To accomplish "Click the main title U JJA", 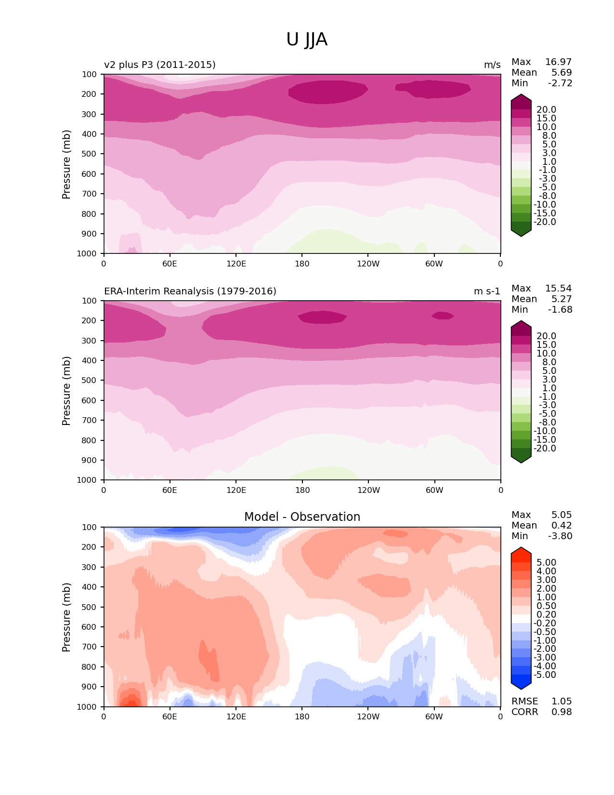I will point(307,40).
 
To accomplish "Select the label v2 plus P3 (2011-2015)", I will point(160,65).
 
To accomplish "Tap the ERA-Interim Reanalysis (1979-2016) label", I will point(190,291).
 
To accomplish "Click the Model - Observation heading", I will point(302,517).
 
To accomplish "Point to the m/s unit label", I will point(492,65).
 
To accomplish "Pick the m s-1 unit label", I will point(487,291).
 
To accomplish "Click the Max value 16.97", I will point(558,62).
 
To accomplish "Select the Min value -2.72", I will point(560,83).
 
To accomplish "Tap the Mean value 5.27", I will point(562,299).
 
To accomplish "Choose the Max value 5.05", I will point(562,515).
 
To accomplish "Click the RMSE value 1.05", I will point(562,702).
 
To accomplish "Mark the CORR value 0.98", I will point(562,712).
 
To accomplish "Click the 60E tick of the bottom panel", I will point(170,717).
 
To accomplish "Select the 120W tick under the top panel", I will point(368,264).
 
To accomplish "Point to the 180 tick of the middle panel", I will point(302,490).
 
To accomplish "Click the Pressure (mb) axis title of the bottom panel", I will point(66,617).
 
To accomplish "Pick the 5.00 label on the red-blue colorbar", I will point(546,563).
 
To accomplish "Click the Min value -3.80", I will point(560,536).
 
